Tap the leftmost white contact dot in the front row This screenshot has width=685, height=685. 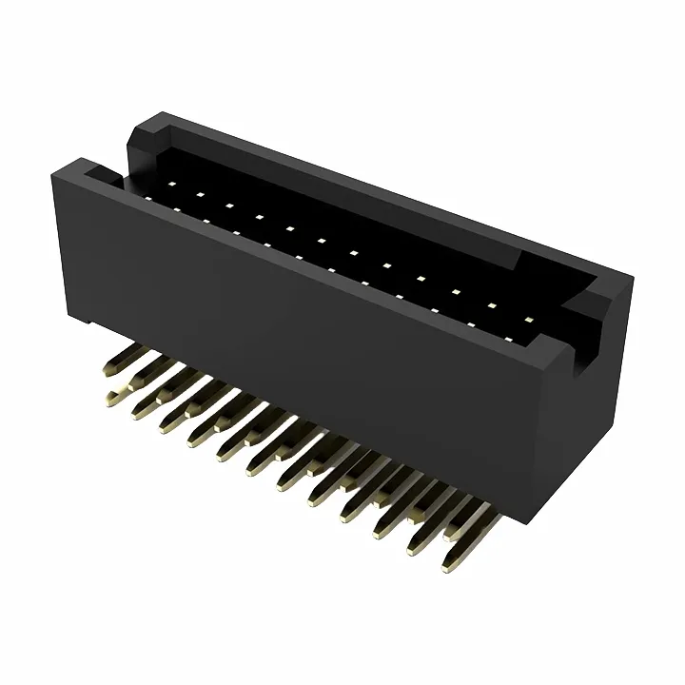[145, 197]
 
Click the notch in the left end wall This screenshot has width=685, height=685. [105, 173]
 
